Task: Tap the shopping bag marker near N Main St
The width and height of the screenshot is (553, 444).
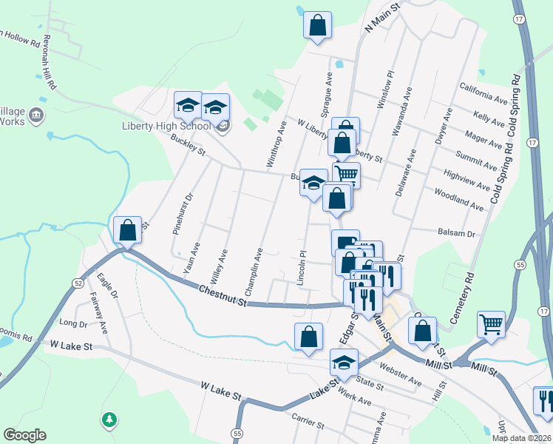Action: [317, 25]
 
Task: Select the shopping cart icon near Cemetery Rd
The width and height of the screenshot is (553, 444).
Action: [491, 324]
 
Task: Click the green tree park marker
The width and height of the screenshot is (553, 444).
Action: [109, 420]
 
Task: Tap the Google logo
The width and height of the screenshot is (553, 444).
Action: [24, 435]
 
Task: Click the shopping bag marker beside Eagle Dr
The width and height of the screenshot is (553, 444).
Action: [127, 230]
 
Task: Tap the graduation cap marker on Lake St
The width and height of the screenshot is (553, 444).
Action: [344, 363]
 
